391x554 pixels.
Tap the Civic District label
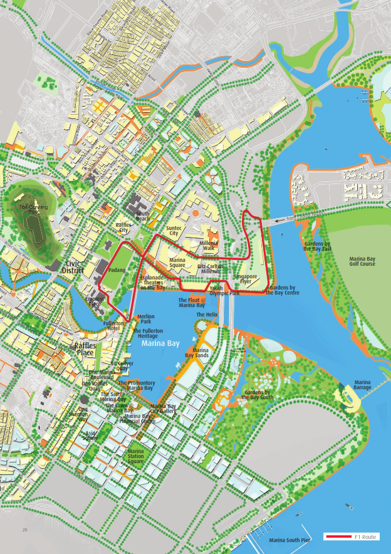tap(76, 267)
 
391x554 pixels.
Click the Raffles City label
tap(123, 227)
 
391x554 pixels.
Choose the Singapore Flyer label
tap(246, 279)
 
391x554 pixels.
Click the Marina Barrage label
tap(362, 385)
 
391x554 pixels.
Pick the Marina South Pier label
tap(289, 540)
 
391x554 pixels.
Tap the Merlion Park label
tap(145, 319)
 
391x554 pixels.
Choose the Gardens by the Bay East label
tap(317, 246)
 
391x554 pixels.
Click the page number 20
tap(25, 531)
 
